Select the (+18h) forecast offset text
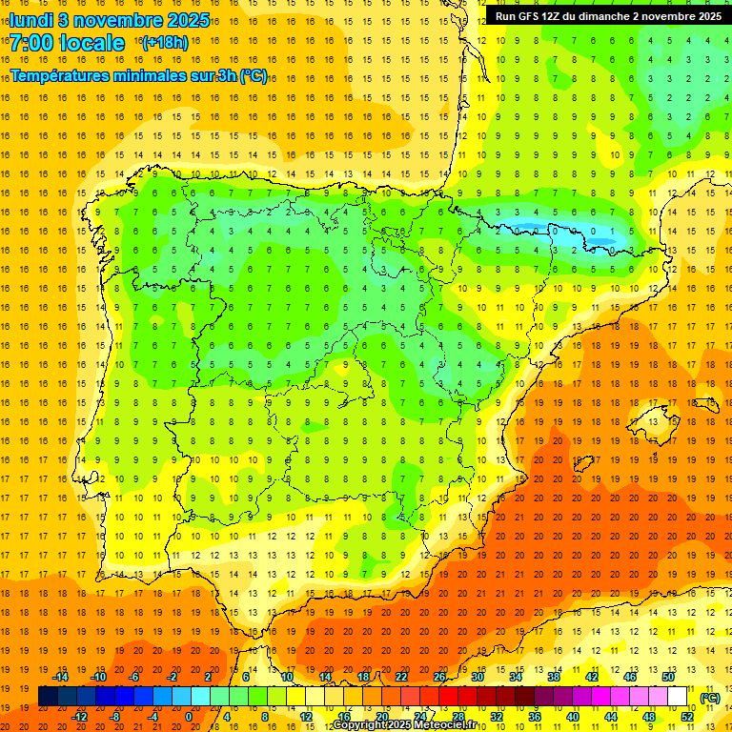click(165, 43)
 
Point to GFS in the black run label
click(534, 16)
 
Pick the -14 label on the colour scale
click(60, 677)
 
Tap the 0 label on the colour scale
click(189, 717)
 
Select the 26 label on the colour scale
click(439, 677)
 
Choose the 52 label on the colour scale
click(687, 717)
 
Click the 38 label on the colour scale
click(554, 677)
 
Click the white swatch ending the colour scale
click(678, 697)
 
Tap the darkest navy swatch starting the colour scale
click(48, 697)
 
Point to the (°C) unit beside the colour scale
click(709, 698)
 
